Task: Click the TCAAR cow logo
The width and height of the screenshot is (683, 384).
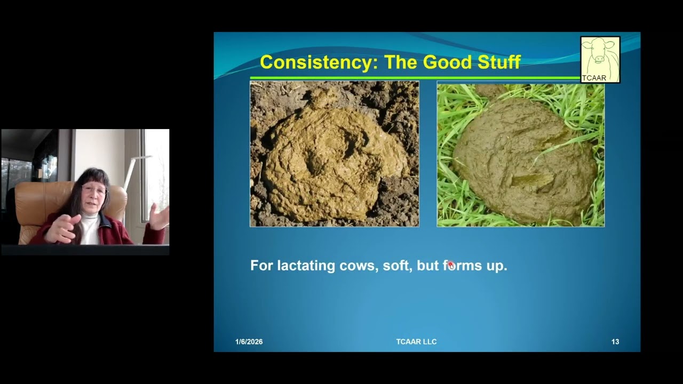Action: click(x=600, y=59)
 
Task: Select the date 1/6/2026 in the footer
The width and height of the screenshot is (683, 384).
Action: click(x=249, y=342)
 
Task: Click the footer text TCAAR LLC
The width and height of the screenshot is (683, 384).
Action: click(x=416, y=342)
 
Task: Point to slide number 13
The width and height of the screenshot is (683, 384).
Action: click(x=615, y=342)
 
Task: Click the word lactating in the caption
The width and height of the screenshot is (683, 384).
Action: click(x=306, y=266)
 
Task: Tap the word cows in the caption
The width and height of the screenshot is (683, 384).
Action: click(x=357, y=266)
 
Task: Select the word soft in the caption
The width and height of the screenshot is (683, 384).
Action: click(x=395, y=266)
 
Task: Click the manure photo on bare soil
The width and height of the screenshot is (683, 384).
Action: click(x=334, y=154)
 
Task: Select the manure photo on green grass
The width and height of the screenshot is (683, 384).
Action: click(x=520, y=154)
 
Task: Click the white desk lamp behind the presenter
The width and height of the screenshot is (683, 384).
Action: click(x=133, y=165)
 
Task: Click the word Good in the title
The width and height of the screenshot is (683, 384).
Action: click(x=444, y=62)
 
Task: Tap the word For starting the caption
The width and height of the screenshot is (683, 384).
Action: click(x=262, y=266)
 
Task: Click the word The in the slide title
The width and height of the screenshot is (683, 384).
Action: click(x=401, y=62)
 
